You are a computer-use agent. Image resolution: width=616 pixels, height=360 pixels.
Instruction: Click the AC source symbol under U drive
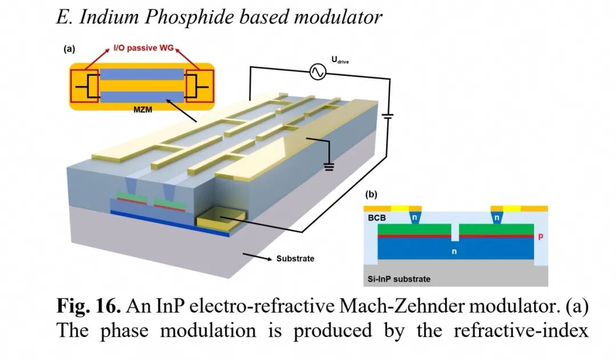click(x=318, y=72)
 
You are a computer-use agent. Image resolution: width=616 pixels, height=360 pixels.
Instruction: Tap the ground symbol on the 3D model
click(x=329, y=167)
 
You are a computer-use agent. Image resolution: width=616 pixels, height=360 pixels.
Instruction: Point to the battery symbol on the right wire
click(x=388, y=116)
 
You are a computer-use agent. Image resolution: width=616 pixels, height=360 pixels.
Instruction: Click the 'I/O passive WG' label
click(x=143, y=48)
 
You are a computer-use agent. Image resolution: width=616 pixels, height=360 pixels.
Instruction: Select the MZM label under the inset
click(x=143, y=110)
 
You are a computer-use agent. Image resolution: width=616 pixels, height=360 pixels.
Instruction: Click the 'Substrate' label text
click(x=295, y=258)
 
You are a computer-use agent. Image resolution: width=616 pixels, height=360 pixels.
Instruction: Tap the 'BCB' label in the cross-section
click(x=377, y=218)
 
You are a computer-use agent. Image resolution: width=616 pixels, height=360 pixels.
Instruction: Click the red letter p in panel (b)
click(x=541, y=236)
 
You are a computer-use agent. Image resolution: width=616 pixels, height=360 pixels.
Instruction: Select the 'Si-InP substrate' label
click(x=399, y=279)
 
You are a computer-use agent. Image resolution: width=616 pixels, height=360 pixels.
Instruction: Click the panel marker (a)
click(x=69, y=49)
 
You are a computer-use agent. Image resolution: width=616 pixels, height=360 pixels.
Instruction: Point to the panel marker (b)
click(x=371, y=194)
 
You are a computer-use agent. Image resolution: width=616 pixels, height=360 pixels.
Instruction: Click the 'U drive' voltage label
click(x=340, y=60)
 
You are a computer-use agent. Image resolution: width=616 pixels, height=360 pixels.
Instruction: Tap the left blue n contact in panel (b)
click(x=414, y=217)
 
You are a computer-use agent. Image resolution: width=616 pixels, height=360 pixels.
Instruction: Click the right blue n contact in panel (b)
click(x=497, y=217)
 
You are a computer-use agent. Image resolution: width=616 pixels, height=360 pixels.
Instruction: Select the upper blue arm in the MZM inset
click(x=142, y=74)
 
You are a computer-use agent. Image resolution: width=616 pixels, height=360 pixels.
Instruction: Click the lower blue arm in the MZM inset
click(x=142, y=97)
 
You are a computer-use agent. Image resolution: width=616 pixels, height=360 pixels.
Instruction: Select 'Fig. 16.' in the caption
click(x=89, y=305)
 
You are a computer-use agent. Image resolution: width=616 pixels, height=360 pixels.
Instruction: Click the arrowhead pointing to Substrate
click(x=269, y=259)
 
